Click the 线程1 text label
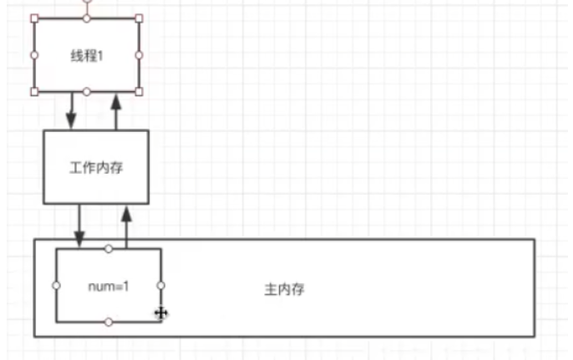[x=87, y=55]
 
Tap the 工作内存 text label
[x=96, y=167]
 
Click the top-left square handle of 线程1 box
[x=34, y=18]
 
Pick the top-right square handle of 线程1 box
[x=139, y=18]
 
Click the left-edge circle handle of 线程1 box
[x=34, y=55]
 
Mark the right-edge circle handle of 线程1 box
[x=139, y=55]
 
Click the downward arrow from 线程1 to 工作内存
[x=72, y=110]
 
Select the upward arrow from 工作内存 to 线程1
[x=116, y=110]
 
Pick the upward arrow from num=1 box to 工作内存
[x=126, y=225]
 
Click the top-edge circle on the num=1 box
[x=109, y=249]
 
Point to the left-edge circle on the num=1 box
[x=56, y=285]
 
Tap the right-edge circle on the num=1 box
[x=160, y=285]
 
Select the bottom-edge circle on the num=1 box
[x=109, y=322]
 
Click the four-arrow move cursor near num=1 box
[x=161, y=313]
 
